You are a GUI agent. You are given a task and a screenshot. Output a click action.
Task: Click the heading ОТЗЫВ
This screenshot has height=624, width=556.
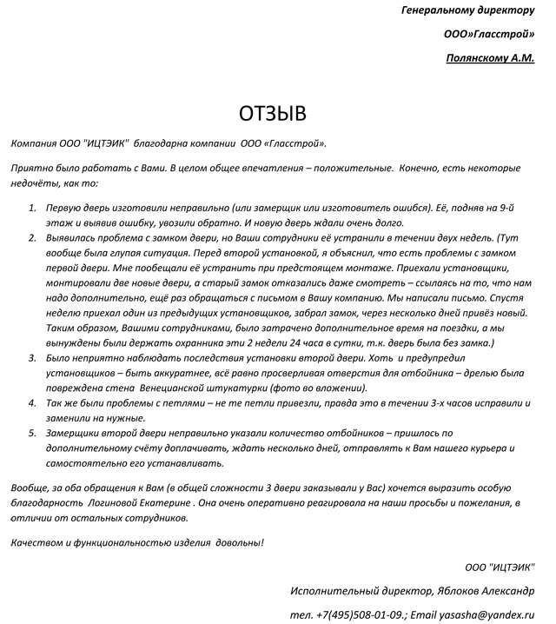[x=274, y=114]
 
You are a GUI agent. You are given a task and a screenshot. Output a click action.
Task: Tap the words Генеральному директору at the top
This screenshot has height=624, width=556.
[x=469, y=10]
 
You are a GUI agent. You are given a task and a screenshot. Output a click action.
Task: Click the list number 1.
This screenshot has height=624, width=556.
[x=32, y=209]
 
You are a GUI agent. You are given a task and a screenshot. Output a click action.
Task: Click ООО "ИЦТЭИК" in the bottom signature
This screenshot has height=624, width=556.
[x=500, y=568]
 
